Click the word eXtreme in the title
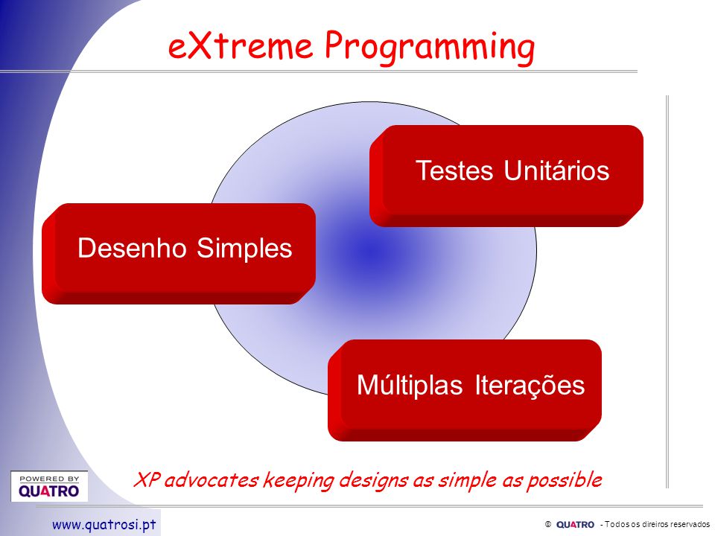[x=241, y=45]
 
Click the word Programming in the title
[x=430, y=48]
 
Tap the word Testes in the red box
[x=454, y=170]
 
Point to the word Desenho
[x=133, y=248]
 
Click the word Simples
[x=244, y=249]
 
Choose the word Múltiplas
[x=410, y=385]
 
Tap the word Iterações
[x=530, y=386]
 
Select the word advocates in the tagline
[x=212, y=480]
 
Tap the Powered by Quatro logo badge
[x=49, y=486]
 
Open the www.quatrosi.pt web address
[x=104, y=525]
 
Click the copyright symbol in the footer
[x=548, y=525]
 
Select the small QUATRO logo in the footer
[x=575, y=525]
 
